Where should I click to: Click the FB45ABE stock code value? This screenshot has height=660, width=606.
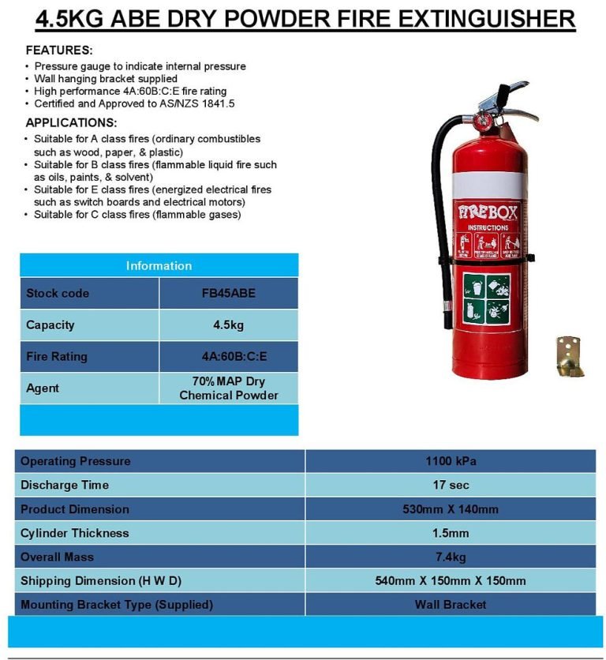(229, 293)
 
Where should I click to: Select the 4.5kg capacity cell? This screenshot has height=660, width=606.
(229, 324)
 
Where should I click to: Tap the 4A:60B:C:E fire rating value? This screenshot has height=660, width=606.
(229, 356)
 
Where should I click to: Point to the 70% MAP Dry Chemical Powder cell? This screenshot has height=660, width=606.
(229, 388)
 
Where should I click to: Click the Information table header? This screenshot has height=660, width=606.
(159, 265)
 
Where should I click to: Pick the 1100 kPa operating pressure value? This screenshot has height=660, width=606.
(450, 461)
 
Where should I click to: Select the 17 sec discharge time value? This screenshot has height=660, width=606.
(450, 485)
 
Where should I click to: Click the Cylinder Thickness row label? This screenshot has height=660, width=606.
(75, 533)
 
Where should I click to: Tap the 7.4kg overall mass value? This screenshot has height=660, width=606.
(450, 557)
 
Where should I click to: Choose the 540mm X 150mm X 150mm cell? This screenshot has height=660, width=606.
(450, 580)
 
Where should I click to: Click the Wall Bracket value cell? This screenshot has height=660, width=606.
(450, 605)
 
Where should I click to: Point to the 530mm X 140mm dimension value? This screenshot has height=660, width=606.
(450, 509)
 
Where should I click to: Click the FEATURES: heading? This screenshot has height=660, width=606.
(59, 50)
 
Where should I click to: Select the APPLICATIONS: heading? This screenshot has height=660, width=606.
(71, 122)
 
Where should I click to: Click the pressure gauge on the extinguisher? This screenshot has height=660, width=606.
(481, 121)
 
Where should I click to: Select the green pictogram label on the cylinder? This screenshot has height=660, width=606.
(486, 298)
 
